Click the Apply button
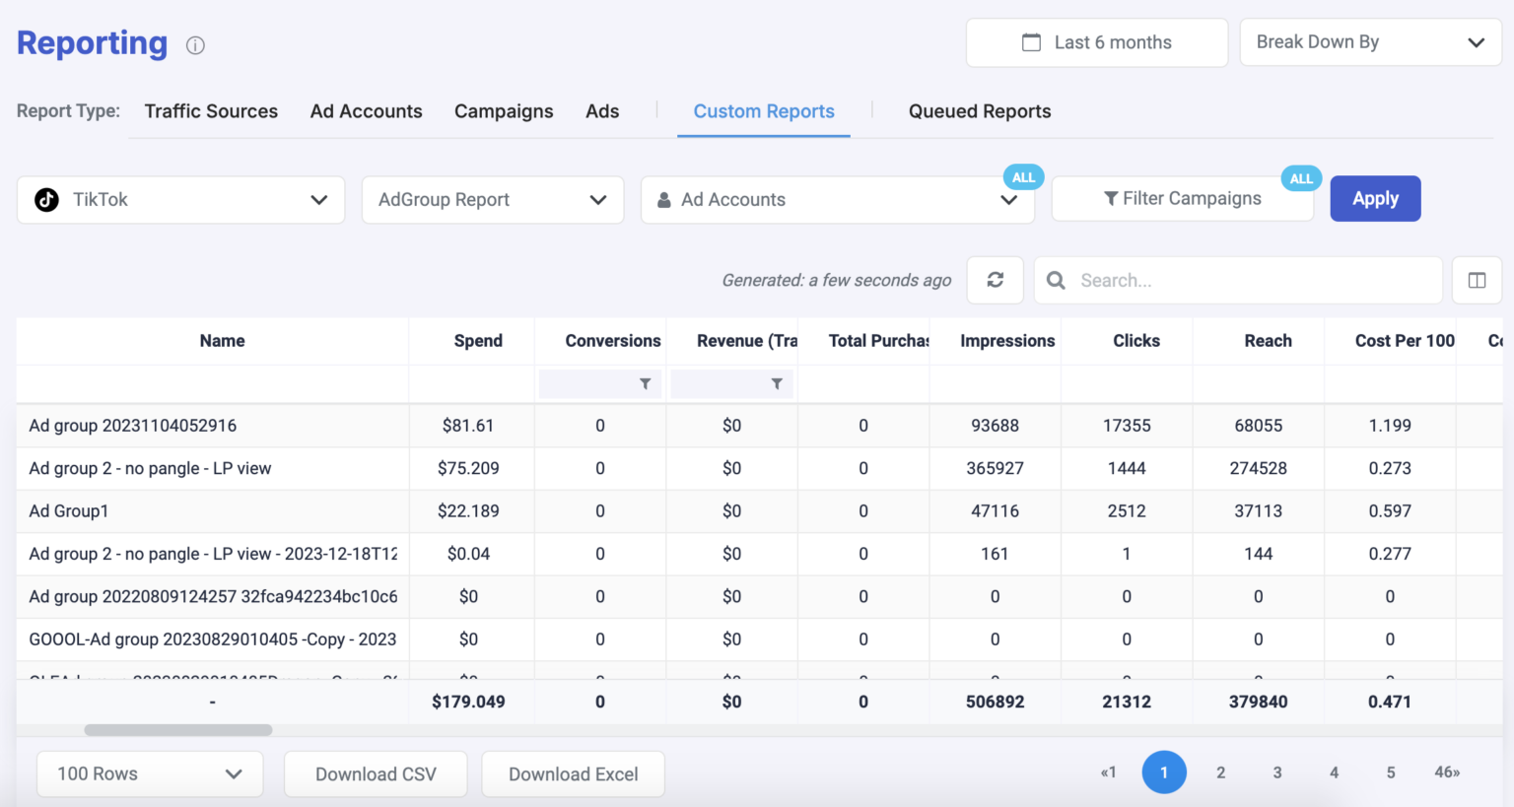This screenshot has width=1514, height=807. click(1375, 199)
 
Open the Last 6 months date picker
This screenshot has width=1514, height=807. click(1096, 42)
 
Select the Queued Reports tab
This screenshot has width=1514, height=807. click(979, 111)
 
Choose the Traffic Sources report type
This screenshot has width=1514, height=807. click(211, 111)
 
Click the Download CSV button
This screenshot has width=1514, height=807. click(376, 774)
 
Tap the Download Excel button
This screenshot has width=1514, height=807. click(573, 774)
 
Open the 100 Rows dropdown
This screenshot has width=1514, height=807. click(150, 774)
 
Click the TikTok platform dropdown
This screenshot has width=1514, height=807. click(180, 200)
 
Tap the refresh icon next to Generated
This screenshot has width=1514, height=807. click(995, 280)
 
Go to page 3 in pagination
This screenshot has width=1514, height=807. click(1277, 773)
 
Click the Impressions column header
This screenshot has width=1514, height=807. click(1006, 341)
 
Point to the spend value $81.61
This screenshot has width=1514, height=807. click(468, 426)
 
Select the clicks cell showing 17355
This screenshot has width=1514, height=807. click(1127, 426)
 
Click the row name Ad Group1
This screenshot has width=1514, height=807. click(69, 511)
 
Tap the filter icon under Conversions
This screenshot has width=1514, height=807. click(645, 384)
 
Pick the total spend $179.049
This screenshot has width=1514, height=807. click(468, 702)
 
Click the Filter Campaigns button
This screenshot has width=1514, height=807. click(1182, 199)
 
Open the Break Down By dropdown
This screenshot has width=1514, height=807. click(1370, 42)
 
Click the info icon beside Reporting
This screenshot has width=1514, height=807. click(195, 45)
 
